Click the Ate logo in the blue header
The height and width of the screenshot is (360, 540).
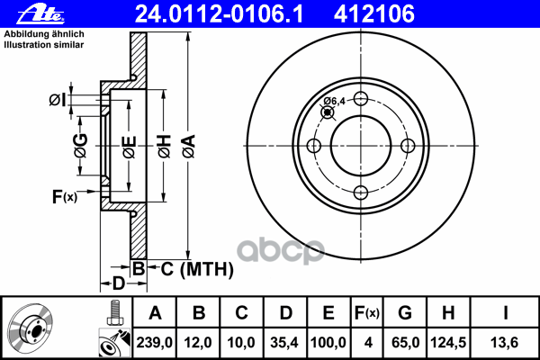[x=40, y=14]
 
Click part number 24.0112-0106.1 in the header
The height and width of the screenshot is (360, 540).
[x=219, y=14]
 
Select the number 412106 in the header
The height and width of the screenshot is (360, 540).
[x=374, y=14]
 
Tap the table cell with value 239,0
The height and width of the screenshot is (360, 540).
[x=155, y=343]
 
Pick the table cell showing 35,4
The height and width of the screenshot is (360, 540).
[x=284, y=343]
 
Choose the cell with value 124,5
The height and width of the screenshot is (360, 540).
[x=448, y=343]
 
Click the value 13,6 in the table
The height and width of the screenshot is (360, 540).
[x=505, y=343]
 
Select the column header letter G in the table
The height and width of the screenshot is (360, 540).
[x=405, y=313]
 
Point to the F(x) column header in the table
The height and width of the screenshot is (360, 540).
[x=367, y=313]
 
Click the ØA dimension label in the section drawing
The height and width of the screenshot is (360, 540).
[x=189, y=146]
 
